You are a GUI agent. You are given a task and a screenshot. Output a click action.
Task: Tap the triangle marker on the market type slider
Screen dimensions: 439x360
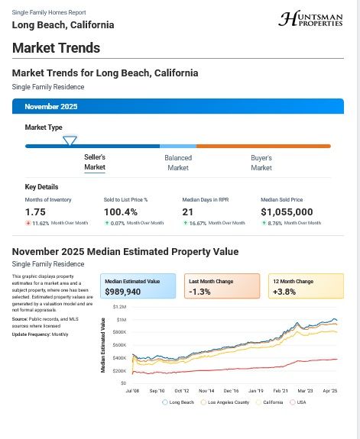(x=70, y=140)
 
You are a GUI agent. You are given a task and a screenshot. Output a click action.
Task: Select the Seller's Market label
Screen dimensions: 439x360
(x=95, y=163)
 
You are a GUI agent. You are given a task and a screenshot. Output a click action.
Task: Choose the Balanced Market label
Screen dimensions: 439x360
(x=178, y=163)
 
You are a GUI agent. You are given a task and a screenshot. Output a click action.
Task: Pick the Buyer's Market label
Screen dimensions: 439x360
(x=261, y=163)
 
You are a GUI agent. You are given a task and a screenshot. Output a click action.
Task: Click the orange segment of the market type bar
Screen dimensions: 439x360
(x=264, y=146)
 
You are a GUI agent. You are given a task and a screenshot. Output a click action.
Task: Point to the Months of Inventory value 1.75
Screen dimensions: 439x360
(x=35, y=211)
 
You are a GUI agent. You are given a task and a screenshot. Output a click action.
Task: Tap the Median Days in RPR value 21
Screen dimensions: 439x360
(x=187, y=211)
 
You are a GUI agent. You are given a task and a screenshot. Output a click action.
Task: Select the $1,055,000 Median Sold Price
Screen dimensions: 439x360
(x=287, y=211)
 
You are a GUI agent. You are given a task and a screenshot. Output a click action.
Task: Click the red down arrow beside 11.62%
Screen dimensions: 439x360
(x=28, y=223)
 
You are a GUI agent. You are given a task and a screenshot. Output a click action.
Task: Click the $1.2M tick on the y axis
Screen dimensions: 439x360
(x=120, y=306)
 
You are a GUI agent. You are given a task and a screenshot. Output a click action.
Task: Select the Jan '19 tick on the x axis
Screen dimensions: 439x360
(x=256, y=389)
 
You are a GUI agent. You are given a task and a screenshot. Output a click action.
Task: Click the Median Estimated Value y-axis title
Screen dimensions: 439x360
(x=103, y=346)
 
